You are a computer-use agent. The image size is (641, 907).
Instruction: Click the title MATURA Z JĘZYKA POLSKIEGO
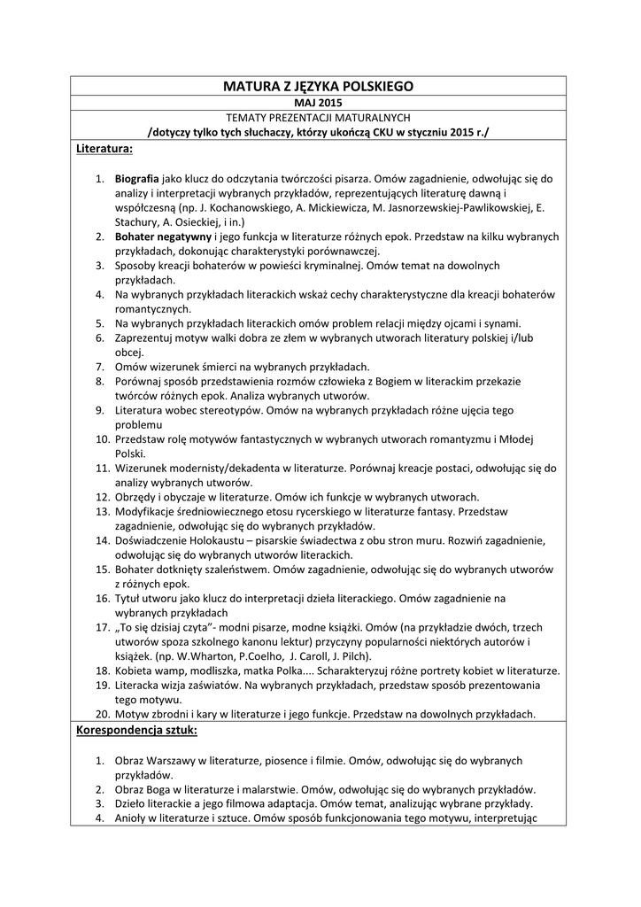pyautogui.click(x=319, y=87)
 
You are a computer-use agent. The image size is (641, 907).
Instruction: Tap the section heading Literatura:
pyautogui.click(x=104, y=148)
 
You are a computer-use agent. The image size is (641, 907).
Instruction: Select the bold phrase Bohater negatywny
pyautogui.click(x=165, y=236)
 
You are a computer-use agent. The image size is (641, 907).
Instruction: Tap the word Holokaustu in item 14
pyautogui.click(x=212, y=539)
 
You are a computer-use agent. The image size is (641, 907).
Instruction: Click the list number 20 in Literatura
pyautogui.click(x=102, y=714)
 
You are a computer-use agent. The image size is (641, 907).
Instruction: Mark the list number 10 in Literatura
pyautogui.click(x=102, y=439)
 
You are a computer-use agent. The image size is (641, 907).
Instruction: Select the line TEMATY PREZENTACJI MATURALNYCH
pyautogui.click(x=319, y=118)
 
